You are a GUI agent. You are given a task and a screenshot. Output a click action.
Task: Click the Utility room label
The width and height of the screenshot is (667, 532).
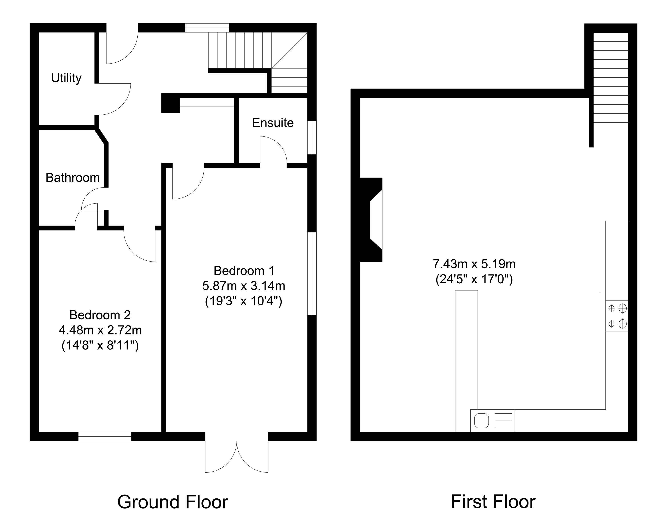coord(66,78)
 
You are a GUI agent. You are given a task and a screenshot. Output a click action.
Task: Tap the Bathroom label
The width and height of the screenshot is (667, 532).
coord(73,178)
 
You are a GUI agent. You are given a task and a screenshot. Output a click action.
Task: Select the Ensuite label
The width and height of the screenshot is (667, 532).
coord(273,123)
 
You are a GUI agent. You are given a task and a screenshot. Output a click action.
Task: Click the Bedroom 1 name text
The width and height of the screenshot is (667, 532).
coord(244,271)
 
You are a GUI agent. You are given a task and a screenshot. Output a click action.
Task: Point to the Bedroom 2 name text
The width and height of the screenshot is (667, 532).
coord(100,315)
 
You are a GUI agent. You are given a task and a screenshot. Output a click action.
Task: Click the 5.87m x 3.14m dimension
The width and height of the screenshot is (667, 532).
coord(244,286)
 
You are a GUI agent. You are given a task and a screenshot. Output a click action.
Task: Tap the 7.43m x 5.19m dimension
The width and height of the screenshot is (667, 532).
coord(474,264)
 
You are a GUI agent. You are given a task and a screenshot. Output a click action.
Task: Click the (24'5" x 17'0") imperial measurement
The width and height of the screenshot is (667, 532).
coord(474,279)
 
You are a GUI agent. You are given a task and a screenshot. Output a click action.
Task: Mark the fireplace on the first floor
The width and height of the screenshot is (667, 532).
coord(371,220)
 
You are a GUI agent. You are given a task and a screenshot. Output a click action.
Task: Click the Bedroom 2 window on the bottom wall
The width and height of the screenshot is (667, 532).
coord(105,436)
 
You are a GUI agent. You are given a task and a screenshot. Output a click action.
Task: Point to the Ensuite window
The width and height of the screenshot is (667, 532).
coord(312,137)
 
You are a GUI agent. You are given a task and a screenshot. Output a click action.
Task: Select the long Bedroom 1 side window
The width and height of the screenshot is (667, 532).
coord(312,274)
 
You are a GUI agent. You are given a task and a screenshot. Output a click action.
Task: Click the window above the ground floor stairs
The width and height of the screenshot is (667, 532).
coord(207,28)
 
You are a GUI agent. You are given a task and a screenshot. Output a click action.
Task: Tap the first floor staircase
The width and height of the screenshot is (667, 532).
coord(611,77)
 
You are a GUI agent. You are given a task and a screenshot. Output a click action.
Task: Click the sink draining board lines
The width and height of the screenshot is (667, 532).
coord(503,421)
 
